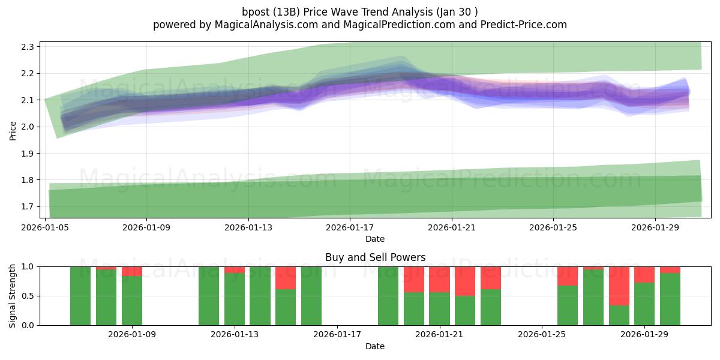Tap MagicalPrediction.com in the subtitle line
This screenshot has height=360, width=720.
point(399,25)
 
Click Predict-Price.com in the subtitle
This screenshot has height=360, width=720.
point(524,25)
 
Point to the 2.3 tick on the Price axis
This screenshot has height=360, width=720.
point(28,47)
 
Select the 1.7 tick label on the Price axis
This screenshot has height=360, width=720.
point(28,206)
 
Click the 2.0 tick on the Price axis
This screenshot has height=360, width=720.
point(28,127)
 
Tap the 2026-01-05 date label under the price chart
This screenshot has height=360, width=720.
point(45,227)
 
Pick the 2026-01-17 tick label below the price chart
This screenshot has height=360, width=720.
point(350,227)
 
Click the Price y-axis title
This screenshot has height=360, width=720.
point(13,131)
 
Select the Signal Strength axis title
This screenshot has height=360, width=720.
point(12,296)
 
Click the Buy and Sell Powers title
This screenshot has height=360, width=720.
point(375,257)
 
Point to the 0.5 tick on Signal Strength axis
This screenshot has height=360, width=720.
point(28,296)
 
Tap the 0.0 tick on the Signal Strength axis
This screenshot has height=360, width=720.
point(28,325)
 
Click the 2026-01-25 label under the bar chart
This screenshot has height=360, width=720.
point(542,334)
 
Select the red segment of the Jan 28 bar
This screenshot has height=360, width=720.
point(619,286)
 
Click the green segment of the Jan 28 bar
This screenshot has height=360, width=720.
point(619,316)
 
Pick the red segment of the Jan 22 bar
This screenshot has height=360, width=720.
point(465,281)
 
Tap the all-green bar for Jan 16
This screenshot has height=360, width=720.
point(311,296)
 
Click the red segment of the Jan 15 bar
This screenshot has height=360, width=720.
point(286,278)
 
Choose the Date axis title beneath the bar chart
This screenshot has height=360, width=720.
point(375,346)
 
